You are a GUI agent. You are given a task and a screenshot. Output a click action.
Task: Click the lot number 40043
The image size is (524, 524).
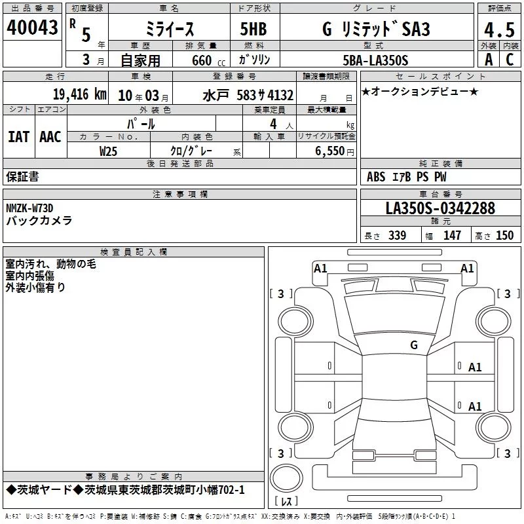click(32, 28)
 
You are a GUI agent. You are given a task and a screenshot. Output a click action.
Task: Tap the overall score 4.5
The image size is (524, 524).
click(499, 29)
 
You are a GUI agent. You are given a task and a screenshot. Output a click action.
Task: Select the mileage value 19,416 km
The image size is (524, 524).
click(80, 94)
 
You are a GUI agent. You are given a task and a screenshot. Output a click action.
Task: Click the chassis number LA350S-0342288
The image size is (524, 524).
click(440, 208)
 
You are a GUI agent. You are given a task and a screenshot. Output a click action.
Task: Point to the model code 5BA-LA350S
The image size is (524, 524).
click(375, 60)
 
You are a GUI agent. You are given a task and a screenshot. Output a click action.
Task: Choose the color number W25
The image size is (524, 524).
click(108, 151)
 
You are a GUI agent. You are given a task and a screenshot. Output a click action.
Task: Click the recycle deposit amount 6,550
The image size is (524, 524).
click(329, 151)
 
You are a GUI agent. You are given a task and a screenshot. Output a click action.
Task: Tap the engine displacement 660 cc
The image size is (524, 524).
click(208, 61)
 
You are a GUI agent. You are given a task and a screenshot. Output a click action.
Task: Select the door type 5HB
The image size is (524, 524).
click(253, 29)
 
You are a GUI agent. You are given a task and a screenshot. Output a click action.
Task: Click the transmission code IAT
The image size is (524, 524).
click(19, 137)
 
